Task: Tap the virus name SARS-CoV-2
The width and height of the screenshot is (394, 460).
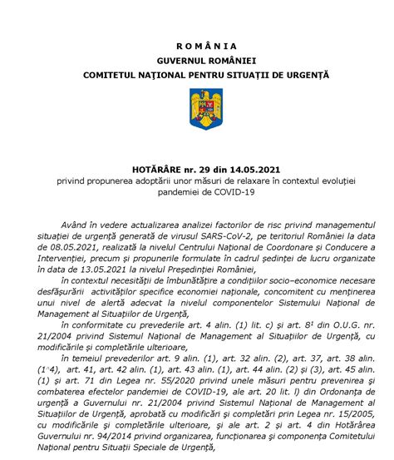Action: [x=209, y=237]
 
